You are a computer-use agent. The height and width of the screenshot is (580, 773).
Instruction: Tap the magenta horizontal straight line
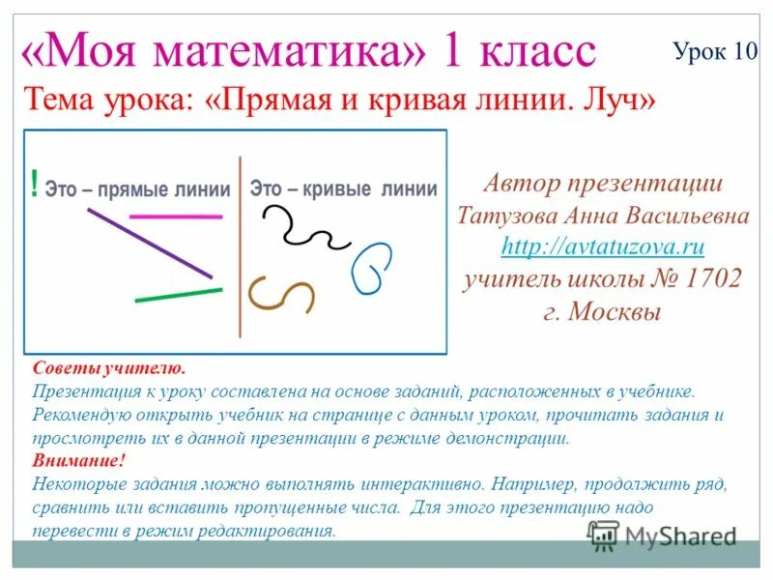click(x=161, y=216)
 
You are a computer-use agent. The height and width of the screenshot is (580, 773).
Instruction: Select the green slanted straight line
click(x=178, y=295)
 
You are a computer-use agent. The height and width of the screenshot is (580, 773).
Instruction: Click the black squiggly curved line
click(x=300, y=228)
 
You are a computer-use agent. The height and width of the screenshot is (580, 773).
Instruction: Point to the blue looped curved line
click(x=371, y=268)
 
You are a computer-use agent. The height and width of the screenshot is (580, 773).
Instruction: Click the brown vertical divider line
click(x=240, y=246)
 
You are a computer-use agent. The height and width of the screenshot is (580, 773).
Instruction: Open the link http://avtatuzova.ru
click(x=602, y=246)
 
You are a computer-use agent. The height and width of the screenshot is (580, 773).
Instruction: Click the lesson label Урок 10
click(x=715, y=51)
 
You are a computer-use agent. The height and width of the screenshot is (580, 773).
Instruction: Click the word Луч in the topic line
click(x=611, y=100)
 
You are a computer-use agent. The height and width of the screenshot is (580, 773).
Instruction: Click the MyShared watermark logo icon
click(x=604, y=536)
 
